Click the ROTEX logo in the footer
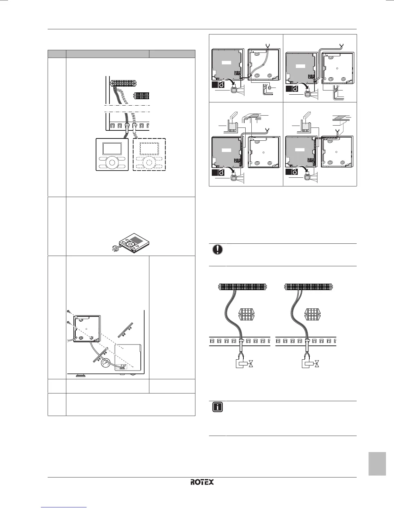pyautogui.click(x=202, y=482)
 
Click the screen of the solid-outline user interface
pyautogui.click(x=112, y=149)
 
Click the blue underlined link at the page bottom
pyautogui.click(x=64, y=507)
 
